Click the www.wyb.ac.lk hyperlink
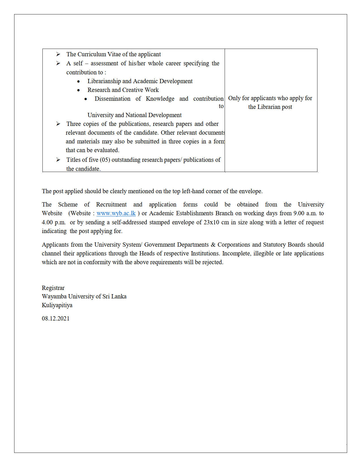pyautogui.click(x=116, y=213)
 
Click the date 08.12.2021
pyautogui.click(x=56, y=318)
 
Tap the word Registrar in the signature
pyautogui.click(x=53, y=288)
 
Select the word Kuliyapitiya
pyautogui.click(x=57, y=305)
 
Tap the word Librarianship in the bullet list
pyautogui.click(x=104, y=81)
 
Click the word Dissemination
pyautogui.click(x=113, y=99)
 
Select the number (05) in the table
pyautogui.click(x=105, y=160)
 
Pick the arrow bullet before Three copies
pyautogui.click(x=58, y=124)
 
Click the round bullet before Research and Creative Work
pyautogui.click(x=79, y=90)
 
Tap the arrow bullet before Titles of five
pyautogui.click(x=58, y=160)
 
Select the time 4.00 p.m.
pyautogui.click(x=54, y=222)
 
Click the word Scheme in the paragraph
pyautogui.click(x=68, y=205)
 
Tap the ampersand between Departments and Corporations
pyautogui.click(x=213, y=245)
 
